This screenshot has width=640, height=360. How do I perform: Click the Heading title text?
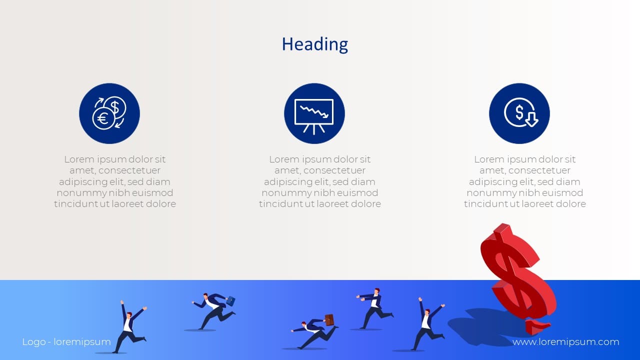click(315, 44)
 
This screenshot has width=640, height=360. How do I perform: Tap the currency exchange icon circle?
click(109, 113)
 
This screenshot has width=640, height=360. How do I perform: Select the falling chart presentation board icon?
click(314, 113)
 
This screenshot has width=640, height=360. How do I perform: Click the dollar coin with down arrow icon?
click(519, 113)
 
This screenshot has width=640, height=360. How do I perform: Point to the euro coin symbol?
click(102, 118)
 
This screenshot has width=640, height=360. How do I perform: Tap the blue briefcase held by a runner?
click(230, 300)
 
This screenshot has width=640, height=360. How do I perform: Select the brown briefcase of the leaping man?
click(329, 320)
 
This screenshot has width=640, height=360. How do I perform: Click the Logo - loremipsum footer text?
click(66, 342)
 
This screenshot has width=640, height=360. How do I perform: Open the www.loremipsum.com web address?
click(565, 342)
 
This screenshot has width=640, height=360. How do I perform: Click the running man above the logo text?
click(130, 327)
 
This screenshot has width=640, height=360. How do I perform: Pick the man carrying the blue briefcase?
click(213, 311)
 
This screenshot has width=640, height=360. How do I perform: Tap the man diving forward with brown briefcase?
click(314, 333)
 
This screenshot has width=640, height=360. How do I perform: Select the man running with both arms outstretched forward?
click(375, 308)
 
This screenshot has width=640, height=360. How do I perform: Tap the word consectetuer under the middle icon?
click(334, 170)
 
